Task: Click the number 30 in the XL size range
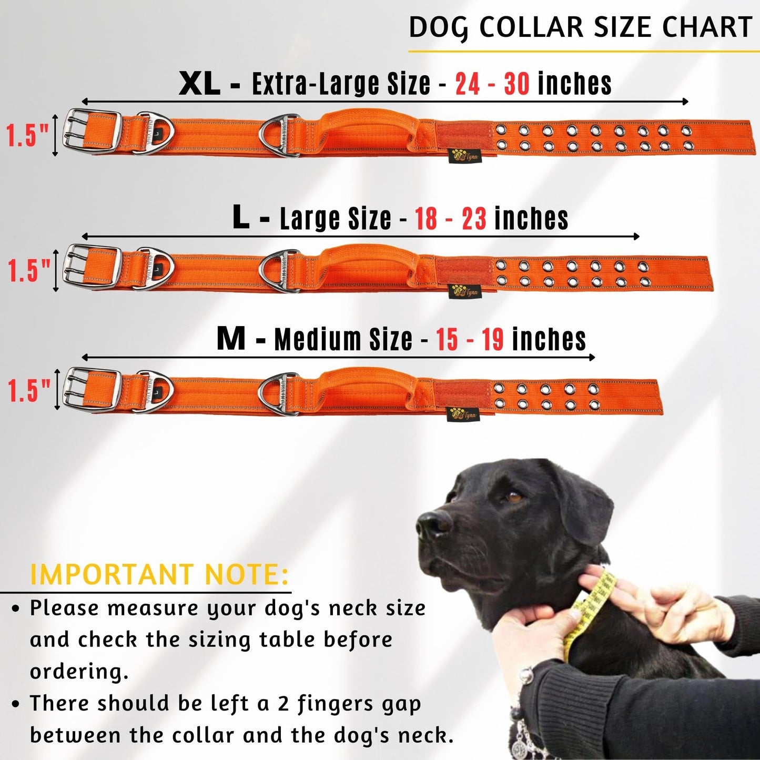pyautogui.click(x=516, y=84)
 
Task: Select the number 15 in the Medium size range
pyautogui.click(x=447, y=339)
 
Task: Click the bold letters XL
pyautogui.click(x=199, y=84)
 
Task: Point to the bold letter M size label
pyautogui.click(x=231, y=339)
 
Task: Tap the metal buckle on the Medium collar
pyautogui.click(x=91, y=388)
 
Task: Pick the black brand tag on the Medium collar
pyautogui.click(x=462, y=414)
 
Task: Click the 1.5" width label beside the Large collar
pyautogui.click(x=29, y=271)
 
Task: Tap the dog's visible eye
pyautogui.click(x=513, y=495)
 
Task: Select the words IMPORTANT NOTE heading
pyautogui.click(x=159, y=574)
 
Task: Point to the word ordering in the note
pyautogui.click(x=79, y=672)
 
